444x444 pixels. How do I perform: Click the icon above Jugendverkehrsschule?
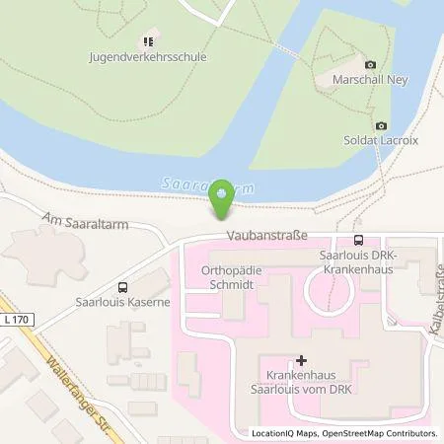(x=146, y=41)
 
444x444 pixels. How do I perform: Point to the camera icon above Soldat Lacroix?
(x=381, y=126)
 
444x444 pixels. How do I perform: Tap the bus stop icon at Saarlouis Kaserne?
(x=119, y=279)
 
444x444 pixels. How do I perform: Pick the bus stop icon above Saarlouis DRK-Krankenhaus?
(x=357, y=240)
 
